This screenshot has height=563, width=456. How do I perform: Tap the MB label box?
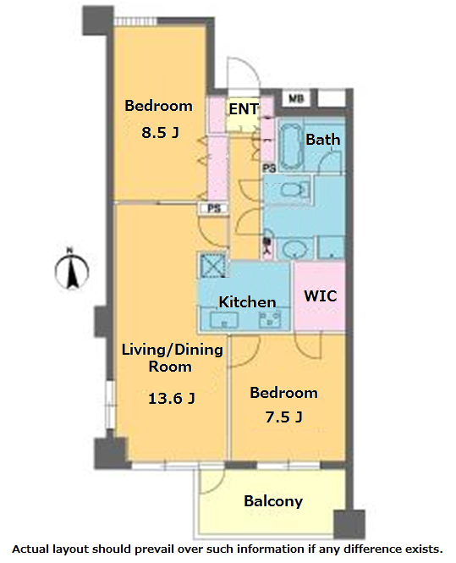tap(296, 98)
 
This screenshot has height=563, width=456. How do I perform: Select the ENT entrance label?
tap(244, 109)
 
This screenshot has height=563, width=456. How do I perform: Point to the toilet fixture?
tap(295, 190)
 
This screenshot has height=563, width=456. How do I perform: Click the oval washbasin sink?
tap(295, 248)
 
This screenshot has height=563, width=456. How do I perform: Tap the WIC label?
tap(321, 295)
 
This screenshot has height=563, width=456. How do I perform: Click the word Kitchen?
tap(247, 302)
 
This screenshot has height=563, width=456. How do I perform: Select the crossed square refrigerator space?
tap(212, 265)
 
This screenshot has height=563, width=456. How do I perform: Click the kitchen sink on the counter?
tap(224, 319)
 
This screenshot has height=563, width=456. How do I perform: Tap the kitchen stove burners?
tap(270, 318)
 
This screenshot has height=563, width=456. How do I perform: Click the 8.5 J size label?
tap(160, 132)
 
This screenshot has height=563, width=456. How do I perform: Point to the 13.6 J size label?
tap(172, 398)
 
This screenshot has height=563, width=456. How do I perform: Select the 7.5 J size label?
tap(283, 417)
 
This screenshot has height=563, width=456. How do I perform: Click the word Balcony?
tap(273, 501)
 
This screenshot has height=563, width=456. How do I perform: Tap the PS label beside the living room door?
tap(214, 208)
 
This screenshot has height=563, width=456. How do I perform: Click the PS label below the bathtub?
tap(269, 168)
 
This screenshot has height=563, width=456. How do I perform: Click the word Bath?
tap(323, 140)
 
